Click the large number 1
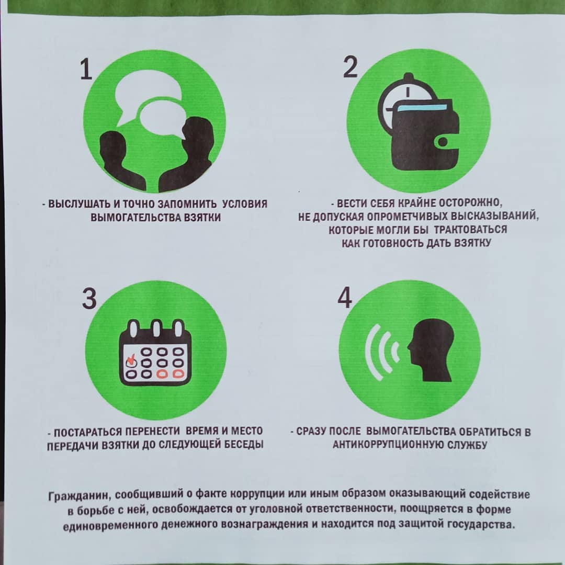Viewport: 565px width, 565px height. tap(86, 69)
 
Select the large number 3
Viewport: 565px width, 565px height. tap(89, 298)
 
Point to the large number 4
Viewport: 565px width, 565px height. tap(344, 298)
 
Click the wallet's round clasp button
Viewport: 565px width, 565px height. tap(444, 142)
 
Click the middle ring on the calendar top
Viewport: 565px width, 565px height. tap(156, 329)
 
